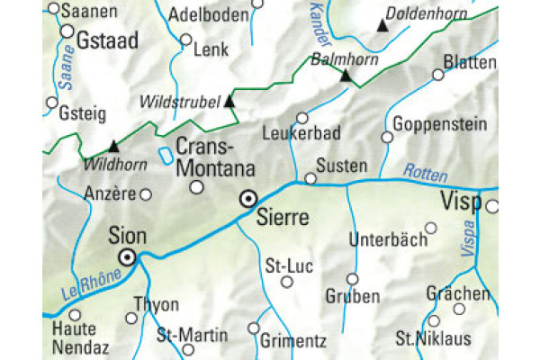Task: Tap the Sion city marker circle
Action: pos(129,257)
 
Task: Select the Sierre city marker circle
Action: pos(248,199)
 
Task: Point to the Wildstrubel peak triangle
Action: pos(229,101)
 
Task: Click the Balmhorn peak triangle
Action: pos(346,76)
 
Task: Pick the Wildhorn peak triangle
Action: pos(113,146)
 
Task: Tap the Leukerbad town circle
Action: pos(302,118)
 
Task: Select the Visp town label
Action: pos(462,202)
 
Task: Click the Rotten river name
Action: pos(424,170)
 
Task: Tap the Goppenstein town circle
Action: pos(387,138)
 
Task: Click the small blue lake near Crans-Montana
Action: pos(166,156)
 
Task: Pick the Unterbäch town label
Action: pos(383,241)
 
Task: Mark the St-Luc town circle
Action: pos(287,282)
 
